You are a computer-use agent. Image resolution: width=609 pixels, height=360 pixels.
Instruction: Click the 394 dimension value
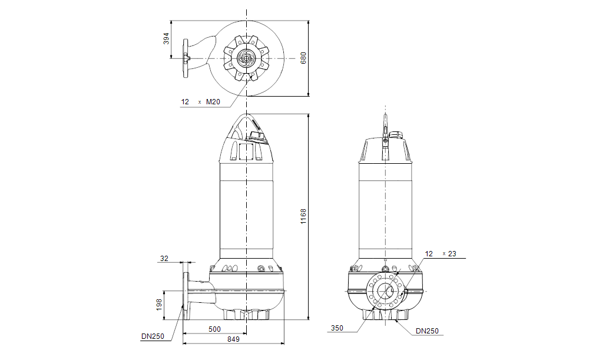click(x=167, y=38)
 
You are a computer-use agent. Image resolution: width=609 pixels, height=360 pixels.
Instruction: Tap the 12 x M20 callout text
click(x=200, y=102)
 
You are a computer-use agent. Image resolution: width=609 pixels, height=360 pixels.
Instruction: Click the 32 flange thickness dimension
click(x=164, y=259)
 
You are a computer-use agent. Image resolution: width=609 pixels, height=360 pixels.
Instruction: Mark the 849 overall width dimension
click(x=234, y=340)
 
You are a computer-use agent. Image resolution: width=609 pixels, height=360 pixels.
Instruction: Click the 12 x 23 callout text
click(x=441, y=254)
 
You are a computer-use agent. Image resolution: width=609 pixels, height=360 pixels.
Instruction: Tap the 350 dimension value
click(x=336, y=328)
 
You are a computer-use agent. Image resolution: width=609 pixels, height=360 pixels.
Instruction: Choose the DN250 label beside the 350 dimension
click(x=426, y=331)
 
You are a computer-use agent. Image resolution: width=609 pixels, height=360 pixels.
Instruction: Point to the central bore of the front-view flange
click(x=386, y=291)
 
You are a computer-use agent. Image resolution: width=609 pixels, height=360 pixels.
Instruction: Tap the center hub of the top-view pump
click(x=246, y=59)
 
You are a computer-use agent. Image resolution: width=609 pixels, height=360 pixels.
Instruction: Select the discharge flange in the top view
click(x=187, y=58)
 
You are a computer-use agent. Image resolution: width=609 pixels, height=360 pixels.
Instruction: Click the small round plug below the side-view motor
click(x=260, y=270)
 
